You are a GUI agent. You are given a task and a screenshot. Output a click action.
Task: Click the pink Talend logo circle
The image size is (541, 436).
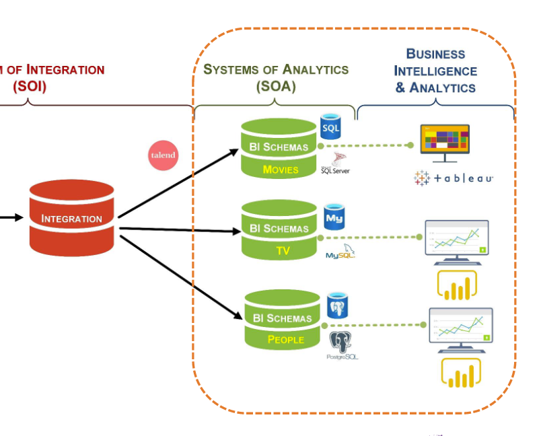(162, 155)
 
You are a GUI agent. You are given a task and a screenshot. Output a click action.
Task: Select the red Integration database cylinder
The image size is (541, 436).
(71, 217)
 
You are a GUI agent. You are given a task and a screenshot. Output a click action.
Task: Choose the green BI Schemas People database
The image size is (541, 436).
(282, 319)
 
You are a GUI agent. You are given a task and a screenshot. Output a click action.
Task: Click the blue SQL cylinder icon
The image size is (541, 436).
(331, 126)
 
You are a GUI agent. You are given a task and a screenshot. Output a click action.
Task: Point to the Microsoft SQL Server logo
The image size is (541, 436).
(336, 163)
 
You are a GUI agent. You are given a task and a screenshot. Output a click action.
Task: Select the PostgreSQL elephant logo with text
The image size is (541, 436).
(341, 346)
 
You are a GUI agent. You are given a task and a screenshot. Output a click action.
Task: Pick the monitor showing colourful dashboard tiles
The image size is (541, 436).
(445, 141)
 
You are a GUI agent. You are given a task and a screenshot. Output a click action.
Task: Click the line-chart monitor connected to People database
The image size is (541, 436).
(461, 328)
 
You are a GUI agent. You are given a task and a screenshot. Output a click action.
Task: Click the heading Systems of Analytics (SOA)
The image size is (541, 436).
(276, 77)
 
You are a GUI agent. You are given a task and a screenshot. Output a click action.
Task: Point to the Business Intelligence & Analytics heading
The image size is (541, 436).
(435, 71)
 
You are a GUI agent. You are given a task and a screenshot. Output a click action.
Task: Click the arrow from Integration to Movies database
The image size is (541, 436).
(178, 182)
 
